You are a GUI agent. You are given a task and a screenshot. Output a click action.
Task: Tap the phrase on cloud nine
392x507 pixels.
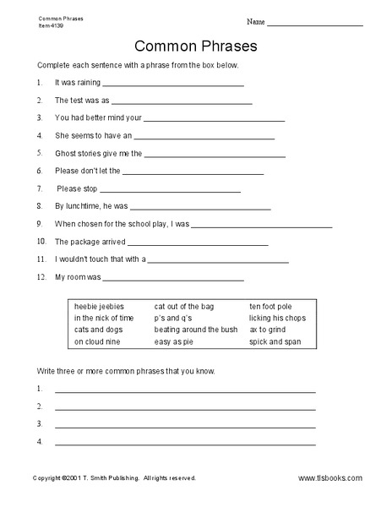(x=97, y=342)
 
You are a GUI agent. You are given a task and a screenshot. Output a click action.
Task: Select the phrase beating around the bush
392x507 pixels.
(x=197, y=330)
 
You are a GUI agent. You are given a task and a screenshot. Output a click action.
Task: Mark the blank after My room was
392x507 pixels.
(x=173, y=279)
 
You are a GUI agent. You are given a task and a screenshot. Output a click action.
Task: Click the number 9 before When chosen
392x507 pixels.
(x=40, y=226)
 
